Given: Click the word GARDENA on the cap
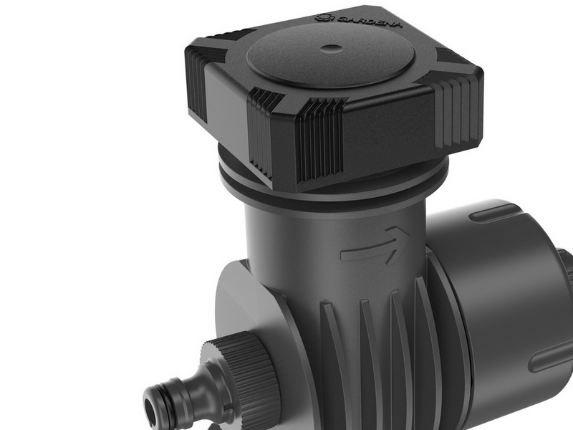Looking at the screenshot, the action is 369,21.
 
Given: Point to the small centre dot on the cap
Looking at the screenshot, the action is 332,48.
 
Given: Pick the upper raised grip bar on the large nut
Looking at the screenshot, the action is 494,213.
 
